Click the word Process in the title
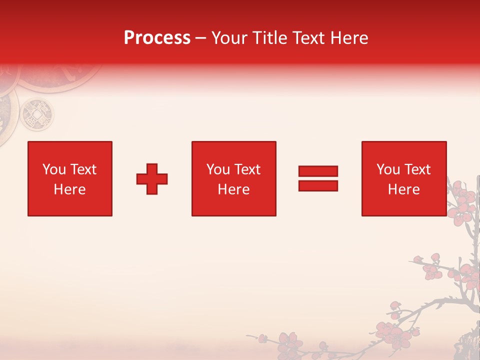coord(157,38)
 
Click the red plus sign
coord(152,179)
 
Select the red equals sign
coord(318,178)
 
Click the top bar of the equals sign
coord(318,171)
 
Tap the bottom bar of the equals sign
coord(318,185)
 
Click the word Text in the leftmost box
coord(83,169)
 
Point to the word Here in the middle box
coord(233,189)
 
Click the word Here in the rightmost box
coord(404,189)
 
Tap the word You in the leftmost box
coord(54,169)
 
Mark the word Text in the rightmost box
coord(417,169)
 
